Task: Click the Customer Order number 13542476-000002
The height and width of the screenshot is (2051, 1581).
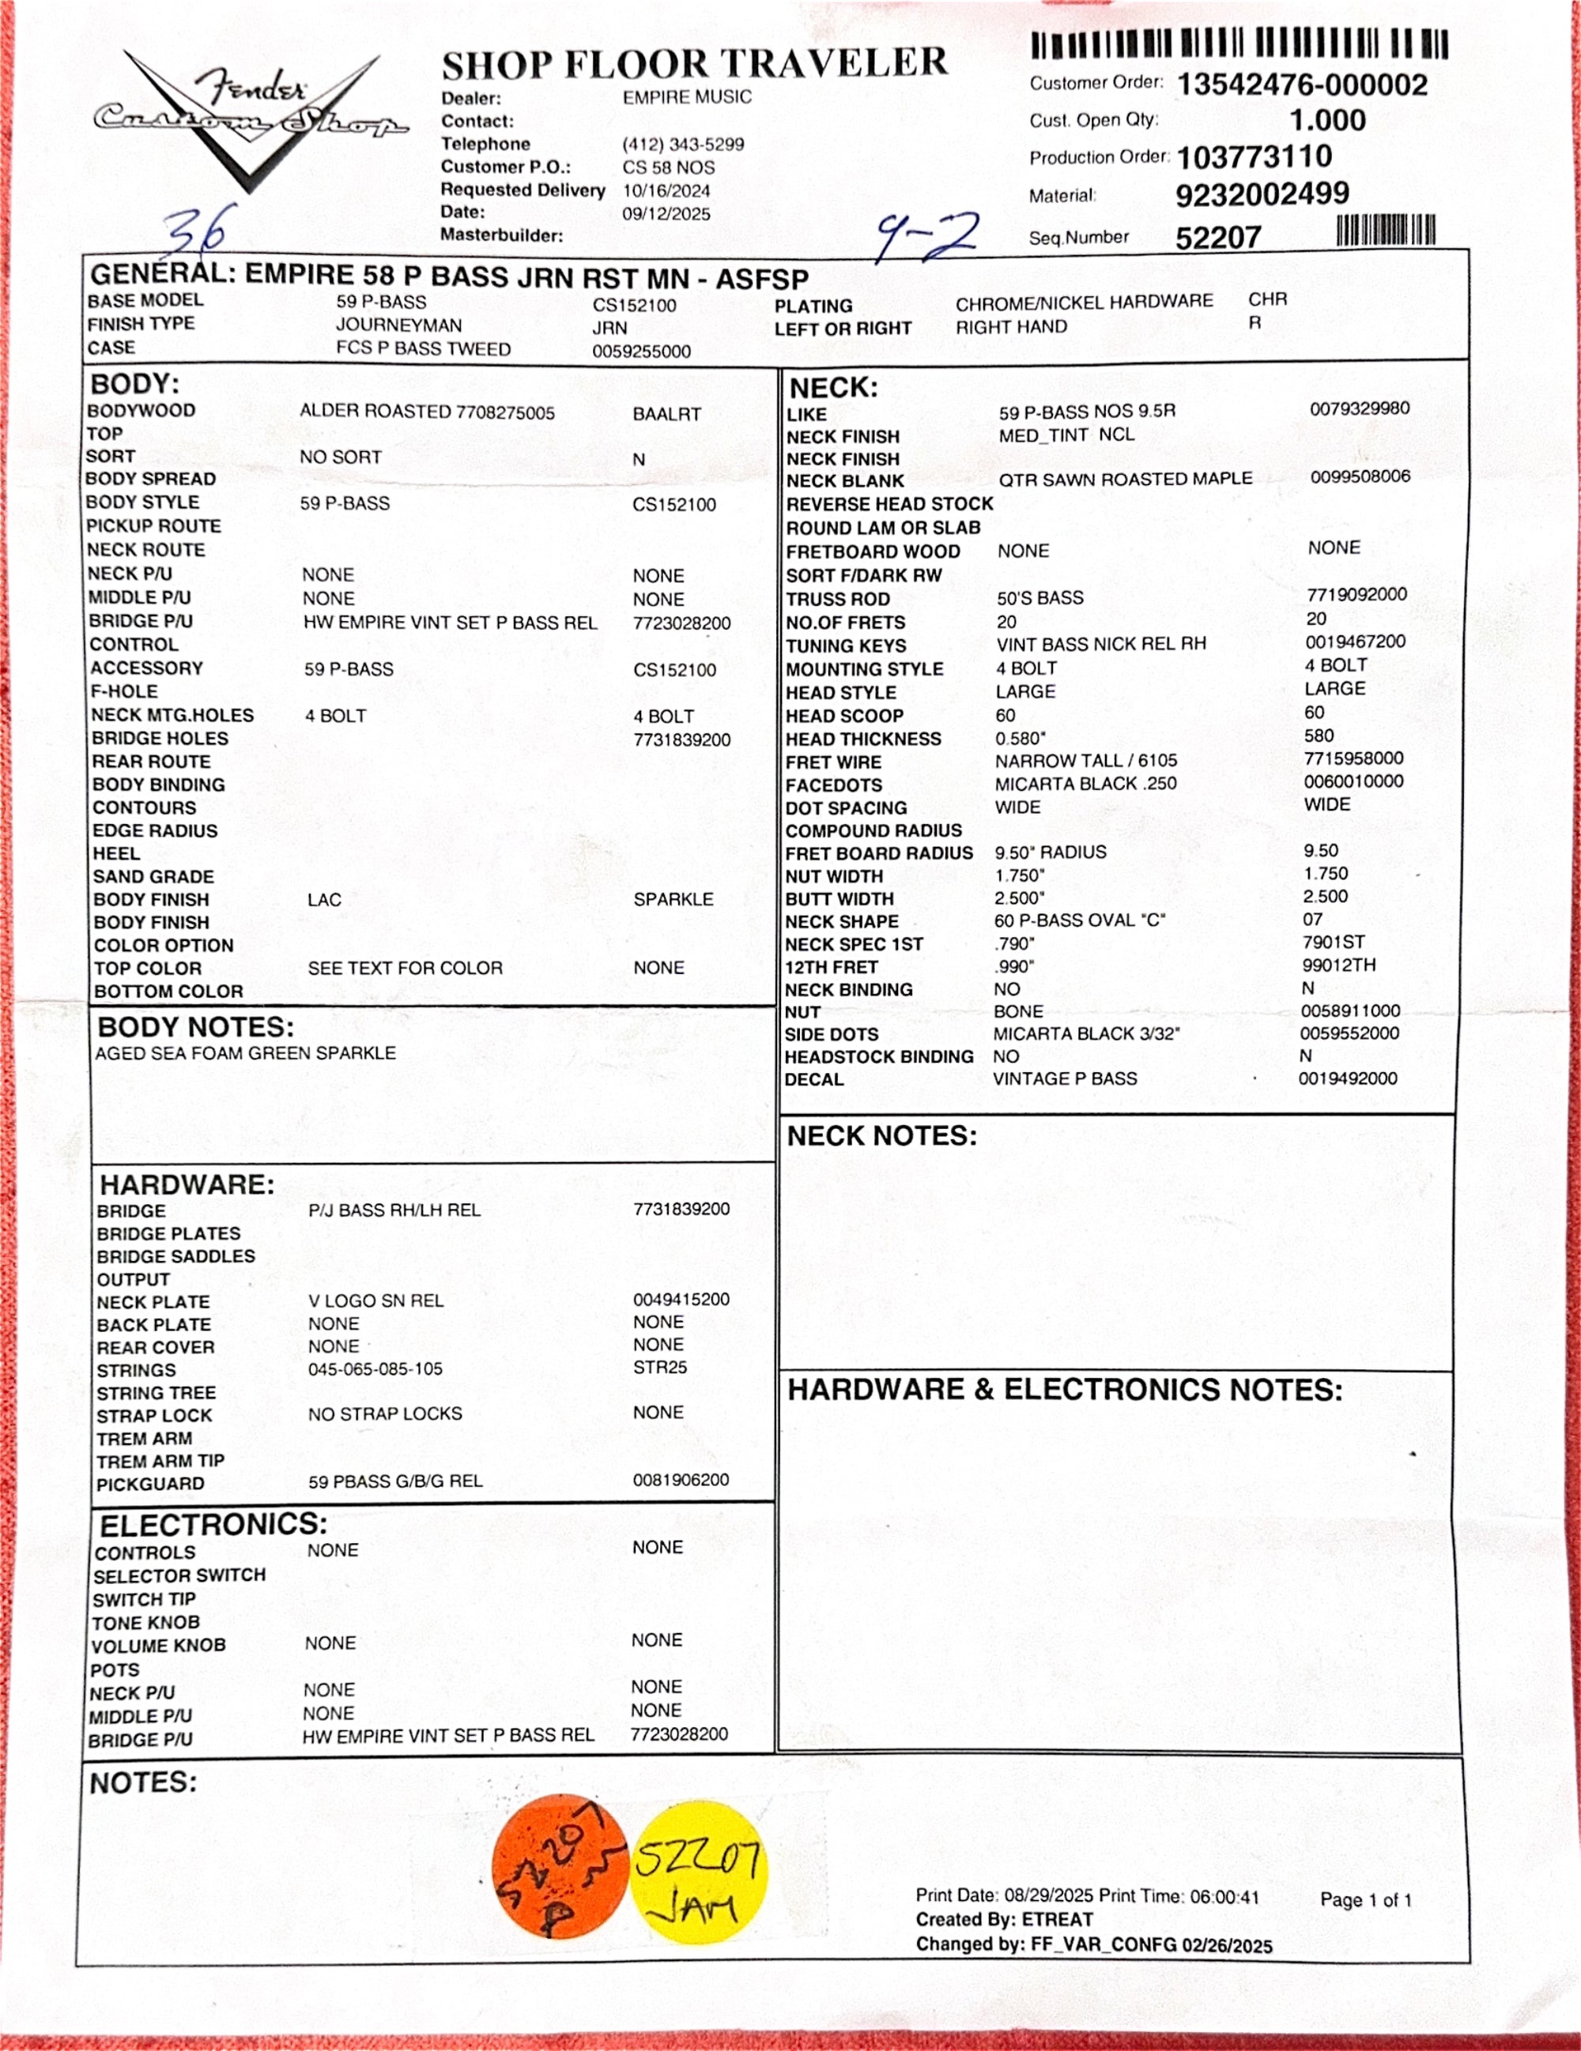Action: click(1301, 85)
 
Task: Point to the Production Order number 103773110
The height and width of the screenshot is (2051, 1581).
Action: click(1254, 157)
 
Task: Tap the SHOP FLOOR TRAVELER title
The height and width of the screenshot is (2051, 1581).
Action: click(694, 64)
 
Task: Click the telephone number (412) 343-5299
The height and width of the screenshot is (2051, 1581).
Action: click(683, 145)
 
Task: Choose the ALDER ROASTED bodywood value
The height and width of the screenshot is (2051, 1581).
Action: click(427, 412)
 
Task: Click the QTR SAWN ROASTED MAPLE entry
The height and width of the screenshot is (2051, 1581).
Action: click(1124, 479)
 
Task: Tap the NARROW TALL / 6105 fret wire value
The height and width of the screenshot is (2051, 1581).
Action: click(1086, 761)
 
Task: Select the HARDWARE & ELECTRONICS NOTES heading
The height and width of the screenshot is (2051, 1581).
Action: click(1064, 1390)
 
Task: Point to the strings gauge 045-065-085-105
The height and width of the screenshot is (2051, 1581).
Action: click(375, 1369)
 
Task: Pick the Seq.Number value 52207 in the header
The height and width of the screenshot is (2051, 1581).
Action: click(1217, 238)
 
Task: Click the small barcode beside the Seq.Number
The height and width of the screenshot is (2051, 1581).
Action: click(1386, 230)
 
